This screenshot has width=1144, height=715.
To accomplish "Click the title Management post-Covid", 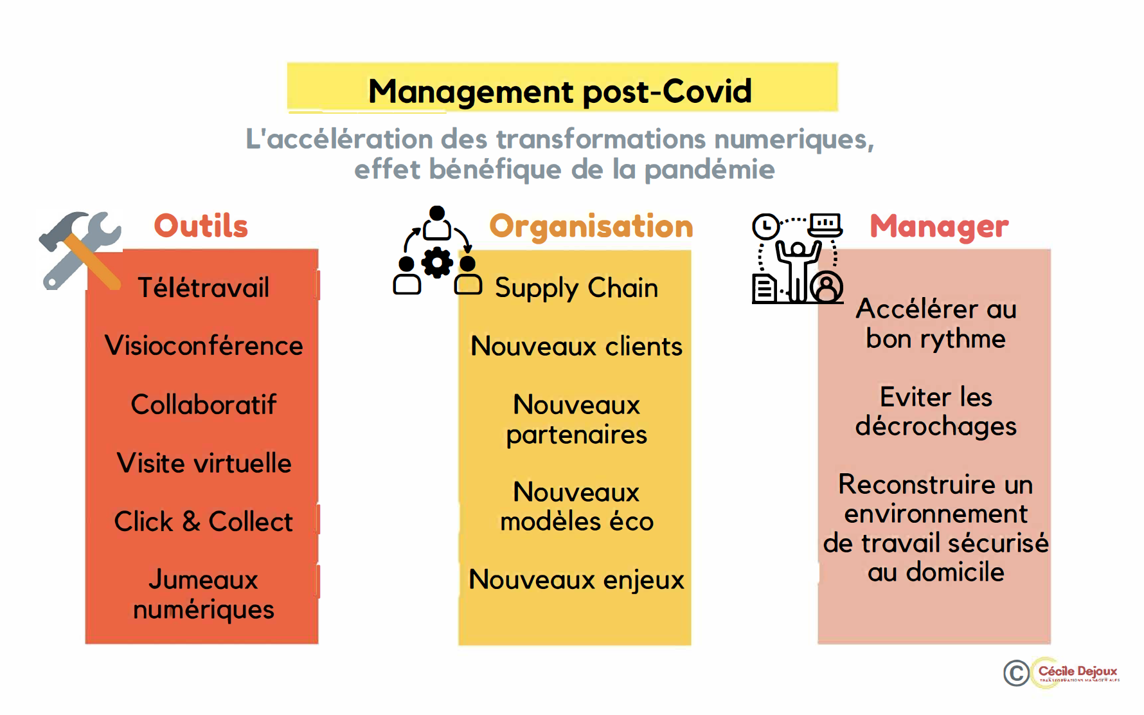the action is (x=560, y=91).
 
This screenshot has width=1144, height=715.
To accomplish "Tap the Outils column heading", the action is (x=201, y=226).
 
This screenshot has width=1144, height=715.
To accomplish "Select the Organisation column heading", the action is (x=591, y=226).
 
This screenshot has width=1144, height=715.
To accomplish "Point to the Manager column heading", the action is (x=939, y=226).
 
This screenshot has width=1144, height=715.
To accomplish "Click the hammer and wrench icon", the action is (x=80, y=249).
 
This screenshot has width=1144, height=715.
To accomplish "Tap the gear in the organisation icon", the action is (x=437, y=262).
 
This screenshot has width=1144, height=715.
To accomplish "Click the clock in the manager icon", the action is (x=765, y=227).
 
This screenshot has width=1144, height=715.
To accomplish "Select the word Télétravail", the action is (x=204, y=287).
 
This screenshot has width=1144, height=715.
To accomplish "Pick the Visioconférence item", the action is (x=204, y=346).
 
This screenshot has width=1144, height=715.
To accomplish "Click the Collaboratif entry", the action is (x=204, y=404).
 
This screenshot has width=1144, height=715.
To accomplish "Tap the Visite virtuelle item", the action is (x=204, y=463).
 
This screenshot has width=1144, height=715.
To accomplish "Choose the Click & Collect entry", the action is (x=204, y=521).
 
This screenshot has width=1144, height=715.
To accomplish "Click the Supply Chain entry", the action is (x=576, y=288).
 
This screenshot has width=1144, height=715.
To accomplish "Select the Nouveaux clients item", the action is (x=576, y=347).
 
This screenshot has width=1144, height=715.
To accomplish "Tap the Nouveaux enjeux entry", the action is (x=576, y=580).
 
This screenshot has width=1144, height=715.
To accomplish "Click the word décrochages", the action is (x=936, y=426).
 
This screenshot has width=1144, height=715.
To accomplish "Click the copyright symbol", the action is (x=1016, y=673).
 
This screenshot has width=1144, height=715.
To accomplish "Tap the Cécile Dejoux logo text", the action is (x=1078, y=671).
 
